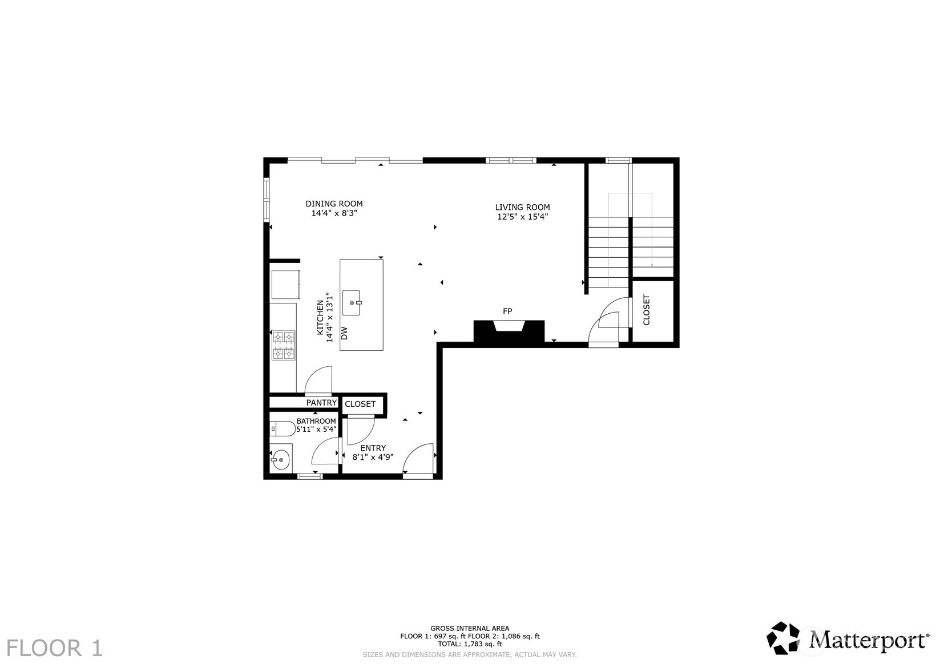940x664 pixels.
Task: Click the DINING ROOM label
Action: point(334,204)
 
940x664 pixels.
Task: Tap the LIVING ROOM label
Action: point(522,207)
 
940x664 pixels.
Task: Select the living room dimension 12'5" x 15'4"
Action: point(523,217)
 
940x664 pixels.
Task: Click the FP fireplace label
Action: point(507,311)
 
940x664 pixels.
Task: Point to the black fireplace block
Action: point(509,331)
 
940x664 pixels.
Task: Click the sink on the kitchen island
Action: point(352,302)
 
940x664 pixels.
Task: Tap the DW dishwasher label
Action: point(344,334)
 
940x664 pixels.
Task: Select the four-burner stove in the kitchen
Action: point(283,345)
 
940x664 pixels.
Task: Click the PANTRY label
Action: point(321,403)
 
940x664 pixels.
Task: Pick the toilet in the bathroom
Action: point(283,428)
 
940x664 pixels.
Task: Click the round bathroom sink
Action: point(281,460)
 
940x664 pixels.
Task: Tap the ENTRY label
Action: point(373,448)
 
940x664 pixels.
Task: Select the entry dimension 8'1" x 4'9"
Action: point(373,457)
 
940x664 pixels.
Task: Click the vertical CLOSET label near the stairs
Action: point(646,310)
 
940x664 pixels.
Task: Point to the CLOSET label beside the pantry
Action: point(360,404)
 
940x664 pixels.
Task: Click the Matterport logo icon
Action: point(784,638)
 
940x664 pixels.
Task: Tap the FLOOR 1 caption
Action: point(55,648)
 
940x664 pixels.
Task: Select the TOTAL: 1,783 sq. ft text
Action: point(470,644)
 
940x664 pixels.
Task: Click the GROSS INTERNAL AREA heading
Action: point(470,628)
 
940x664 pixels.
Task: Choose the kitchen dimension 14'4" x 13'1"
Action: point(330,318)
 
